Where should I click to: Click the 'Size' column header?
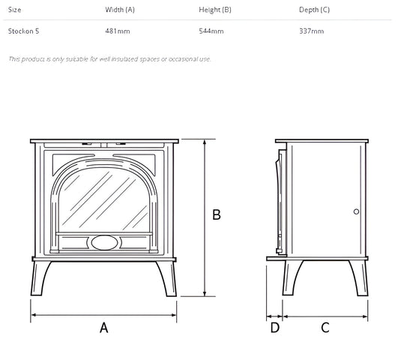(x=14, y=10)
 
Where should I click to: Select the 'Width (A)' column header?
(x=120, y=10)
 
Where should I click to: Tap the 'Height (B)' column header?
(x=216, y=10)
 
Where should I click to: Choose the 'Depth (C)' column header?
(x=314, y=10)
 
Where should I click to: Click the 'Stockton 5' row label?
(x=23, y=31)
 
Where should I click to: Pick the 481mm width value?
(x=117, y=31)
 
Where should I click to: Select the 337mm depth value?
(x=311, y=31)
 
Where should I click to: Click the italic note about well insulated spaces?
(x=109, y=58)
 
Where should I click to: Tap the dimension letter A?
(x=104, y=327)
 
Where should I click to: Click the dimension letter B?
(x=217, y=214)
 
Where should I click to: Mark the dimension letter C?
(x=325, y=327)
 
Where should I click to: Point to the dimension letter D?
(x=274, y=327)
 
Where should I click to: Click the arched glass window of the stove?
(x=104, y=199)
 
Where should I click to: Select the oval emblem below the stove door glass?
(x=104, y=242)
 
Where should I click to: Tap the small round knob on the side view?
(x=356, y=211)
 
